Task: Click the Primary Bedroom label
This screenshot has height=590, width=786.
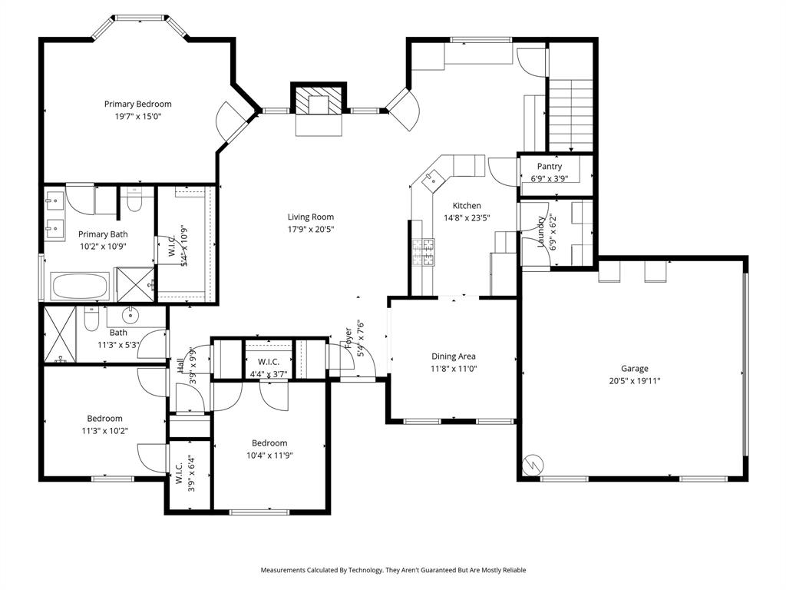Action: click(x=138, y=104)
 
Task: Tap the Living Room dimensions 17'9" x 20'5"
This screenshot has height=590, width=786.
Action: click(x=311, y=229)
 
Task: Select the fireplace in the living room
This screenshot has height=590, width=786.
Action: click(x=319, y=100)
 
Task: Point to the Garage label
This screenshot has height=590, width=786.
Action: click(x=635, y=369)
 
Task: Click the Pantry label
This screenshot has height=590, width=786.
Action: click(x=550, y=166)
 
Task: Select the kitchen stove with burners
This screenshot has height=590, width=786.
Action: click(x=424, y=252)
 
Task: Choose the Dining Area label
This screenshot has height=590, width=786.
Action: click(x=453, y=356)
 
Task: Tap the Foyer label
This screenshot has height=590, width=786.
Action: click(x=349, y=338)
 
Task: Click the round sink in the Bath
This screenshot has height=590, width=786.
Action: click(x=130, y=314)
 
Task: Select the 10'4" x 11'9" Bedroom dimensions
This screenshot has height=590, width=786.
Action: click(x=269, y=455)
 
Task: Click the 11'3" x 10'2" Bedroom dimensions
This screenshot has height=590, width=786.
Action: click(x=104, y=430)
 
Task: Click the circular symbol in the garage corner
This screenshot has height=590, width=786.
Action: click(x=533, y=466)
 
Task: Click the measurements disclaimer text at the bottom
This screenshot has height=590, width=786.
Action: click(x=393, y=570)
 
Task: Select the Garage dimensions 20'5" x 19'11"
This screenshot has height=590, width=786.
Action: click(x=635, y=380)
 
